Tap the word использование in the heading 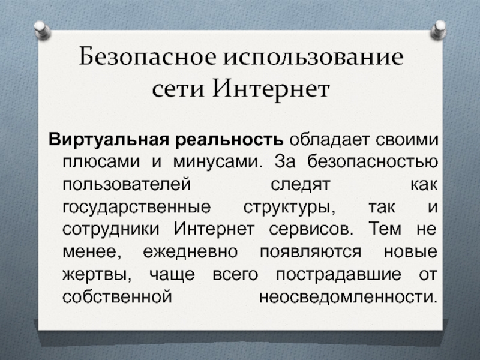point(314,59)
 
